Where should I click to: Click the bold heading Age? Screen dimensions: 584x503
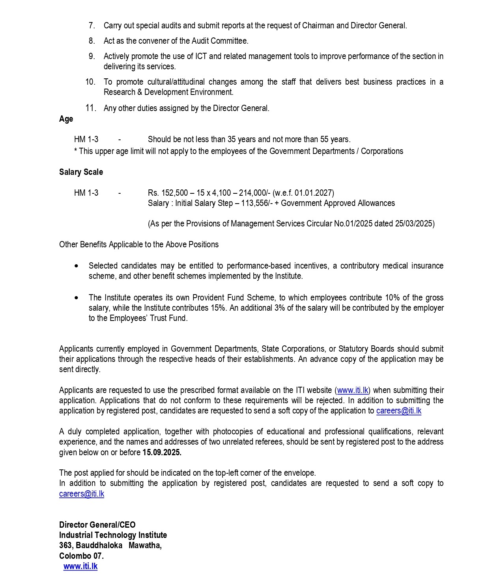(x=66, y=119)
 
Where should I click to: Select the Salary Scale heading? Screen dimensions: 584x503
(x=81, y=172)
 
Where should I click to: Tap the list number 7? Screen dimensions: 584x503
(x=92, y=26)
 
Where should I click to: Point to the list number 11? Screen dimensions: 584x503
(x=90, y=108)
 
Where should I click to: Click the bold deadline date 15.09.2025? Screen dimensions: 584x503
(x=162, y=452)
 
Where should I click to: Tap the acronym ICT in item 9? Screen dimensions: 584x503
(x=201, y=56)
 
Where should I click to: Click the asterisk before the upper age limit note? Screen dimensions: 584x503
(x=75, y=151)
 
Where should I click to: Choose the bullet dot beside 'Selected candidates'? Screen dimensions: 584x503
(x=76, y=266)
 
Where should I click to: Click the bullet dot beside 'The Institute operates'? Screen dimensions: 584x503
(x=76, y=298)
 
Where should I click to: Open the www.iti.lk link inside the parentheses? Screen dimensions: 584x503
(x=353, y=390)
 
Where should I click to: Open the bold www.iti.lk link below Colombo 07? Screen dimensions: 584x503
(x=80, y=566)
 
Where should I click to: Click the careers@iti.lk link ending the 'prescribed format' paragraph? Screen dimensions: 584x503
(x=398, y=411)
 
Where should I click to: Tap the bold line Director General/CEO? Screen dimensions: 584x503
(x=97, y=525)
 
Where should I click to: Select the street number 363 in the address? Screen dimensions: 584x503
(x=65, y=545)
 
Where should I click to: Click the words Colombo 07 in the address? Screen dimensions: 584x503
(x=81, y=556)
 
